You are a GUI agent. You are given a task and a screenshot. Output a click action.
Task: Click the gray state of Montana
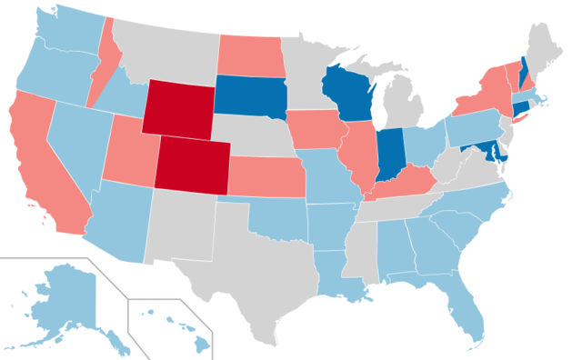pyautogui.click(x=164, y=45)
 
